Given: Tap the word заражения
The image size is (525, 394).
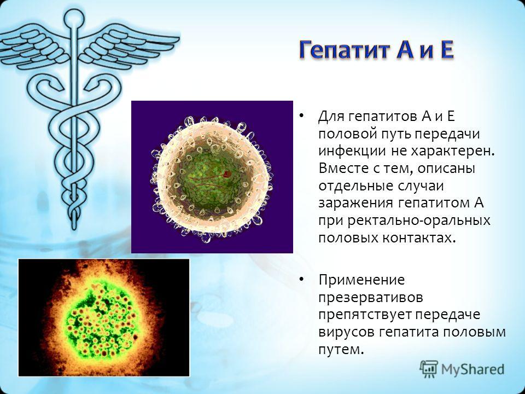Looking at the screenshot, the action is coord(355,203).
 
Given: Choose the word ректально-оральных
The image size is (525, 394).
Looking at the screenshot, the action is coord(419,221).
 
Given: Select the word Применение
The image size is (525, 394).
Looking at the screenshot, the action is coord(361,280).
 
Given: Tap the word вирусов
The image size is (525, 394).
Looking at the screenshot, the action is coord(346,332).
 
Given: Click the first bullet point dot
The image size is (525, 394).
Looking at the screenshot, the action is coord(301,116).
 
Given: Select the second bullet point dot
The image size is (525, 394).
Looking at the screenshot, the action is coord(301,279).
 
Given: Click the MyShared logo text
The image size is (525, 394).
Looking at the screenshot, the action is coord(472,369).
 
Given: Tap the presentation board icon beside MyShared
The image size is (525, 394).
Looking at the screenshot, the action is coord(429,369).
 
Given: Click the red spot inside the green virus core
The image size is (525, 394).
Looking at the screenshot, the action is coord(227,173).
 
